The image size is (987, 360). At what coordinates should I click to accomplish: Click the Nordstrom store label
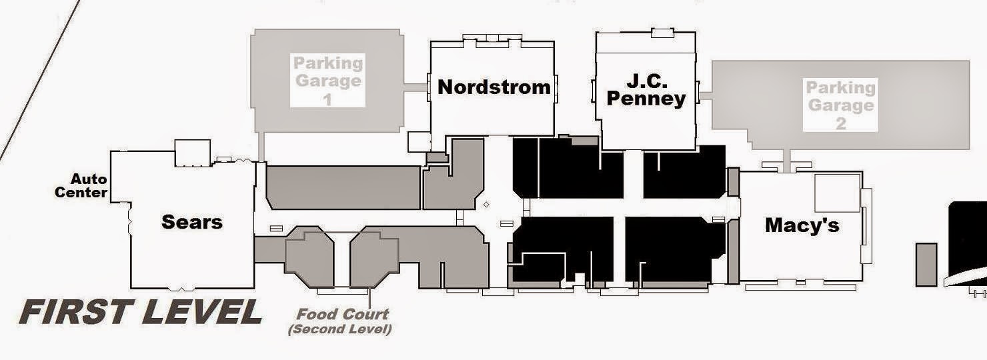tap(494, 87)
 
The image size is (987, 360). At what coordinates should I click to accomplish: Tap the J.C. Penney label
tap(646, 90)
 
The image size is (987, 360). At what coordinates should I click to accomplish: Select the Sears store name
tap(191, 221)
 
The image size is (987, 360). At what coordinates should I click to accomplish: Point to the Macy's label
tap(802, 225)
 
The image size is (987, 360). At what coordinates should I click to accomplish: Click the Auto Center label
tap(81, 185)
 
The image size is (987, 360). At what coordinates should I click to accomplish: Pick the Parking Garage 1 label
tap(328, 81)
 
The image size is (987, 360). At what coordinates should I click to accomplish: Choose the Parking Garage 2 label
tap(840, 105)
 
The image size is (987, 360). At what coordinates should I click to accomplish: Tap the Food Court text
tap(342, 314)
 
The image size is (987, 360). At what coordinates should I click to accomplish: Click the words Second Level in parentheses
tap(339, 329)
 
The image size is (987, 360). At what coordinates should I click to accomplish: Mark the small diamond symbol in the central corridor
tap(486, 205)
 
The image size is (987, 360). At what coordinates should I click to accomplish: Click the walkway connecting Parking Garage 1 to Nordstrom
tap(416, 87)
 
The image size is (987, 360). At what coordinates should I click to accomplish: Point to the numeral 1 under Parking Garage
tap(327, 100)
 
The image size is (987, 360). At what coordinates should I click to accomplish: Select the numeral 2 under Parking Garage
tap(841, 124)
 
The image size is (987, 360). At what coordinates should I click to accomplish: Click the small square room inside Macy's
tap(837, 193)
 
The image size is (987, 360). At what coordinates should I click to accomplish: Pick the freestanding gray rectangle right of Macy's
tap(926, 265)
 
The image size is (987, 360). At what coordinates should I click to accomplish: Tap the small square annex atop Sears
tap(193, 153)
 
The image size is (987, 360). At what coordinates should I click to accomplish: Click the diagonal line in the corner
tap(40, 79)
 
